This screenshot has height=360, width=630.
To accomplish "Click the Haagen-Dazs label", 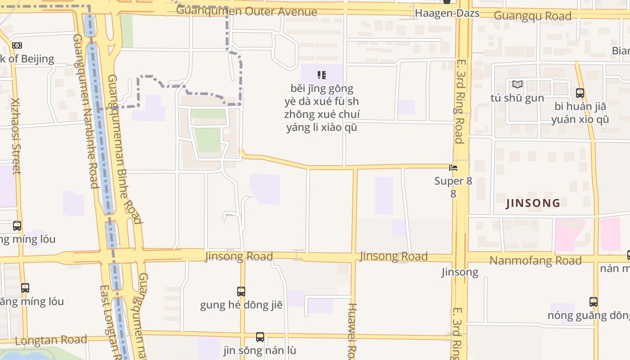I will (447, 13).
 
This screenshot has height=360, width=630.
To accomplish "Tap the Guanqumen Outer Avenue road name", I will (247, 11).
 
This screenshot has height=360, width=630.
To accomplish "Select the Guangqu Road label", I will (532, 16).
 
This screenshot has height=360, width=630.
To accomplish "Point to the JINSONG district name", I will (533, 203).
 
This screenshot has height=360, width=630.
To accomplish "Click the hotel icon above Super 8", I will (453, 168).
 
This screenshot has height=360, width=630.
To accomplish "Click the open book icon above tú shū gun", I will (517, 84).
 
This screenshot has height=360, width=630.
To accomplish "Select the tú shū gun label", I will (517, 98).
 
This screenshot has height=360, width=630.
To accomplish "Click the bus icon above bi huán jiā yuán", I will (580, 93).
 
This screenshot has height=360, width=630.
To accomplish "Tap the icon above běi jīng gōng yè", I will (321, 75).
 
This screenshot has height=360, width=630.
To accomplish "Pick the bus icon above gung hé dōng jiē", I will (241, 291).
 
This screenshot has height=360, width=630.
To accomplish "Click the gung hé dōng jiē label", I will (241, 305).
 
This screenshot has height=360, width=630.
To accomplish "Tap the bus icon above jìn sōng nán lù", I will (260, 337).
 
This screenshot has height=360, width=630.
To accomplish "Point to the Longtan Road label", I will (51, 340).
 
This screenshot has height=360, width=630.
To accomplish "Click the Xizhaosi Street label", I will (16, 136).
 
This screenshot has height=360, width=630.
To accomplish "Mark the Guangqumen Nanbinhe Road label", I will (85, 111).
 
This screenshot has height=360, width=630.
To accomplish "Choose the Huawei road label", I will (352, 331).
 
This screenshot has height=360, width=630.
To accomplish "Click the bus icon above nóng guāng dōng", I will (593, 301).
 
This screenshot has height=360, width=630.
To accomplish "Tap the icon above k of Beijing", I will (17, 45).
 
